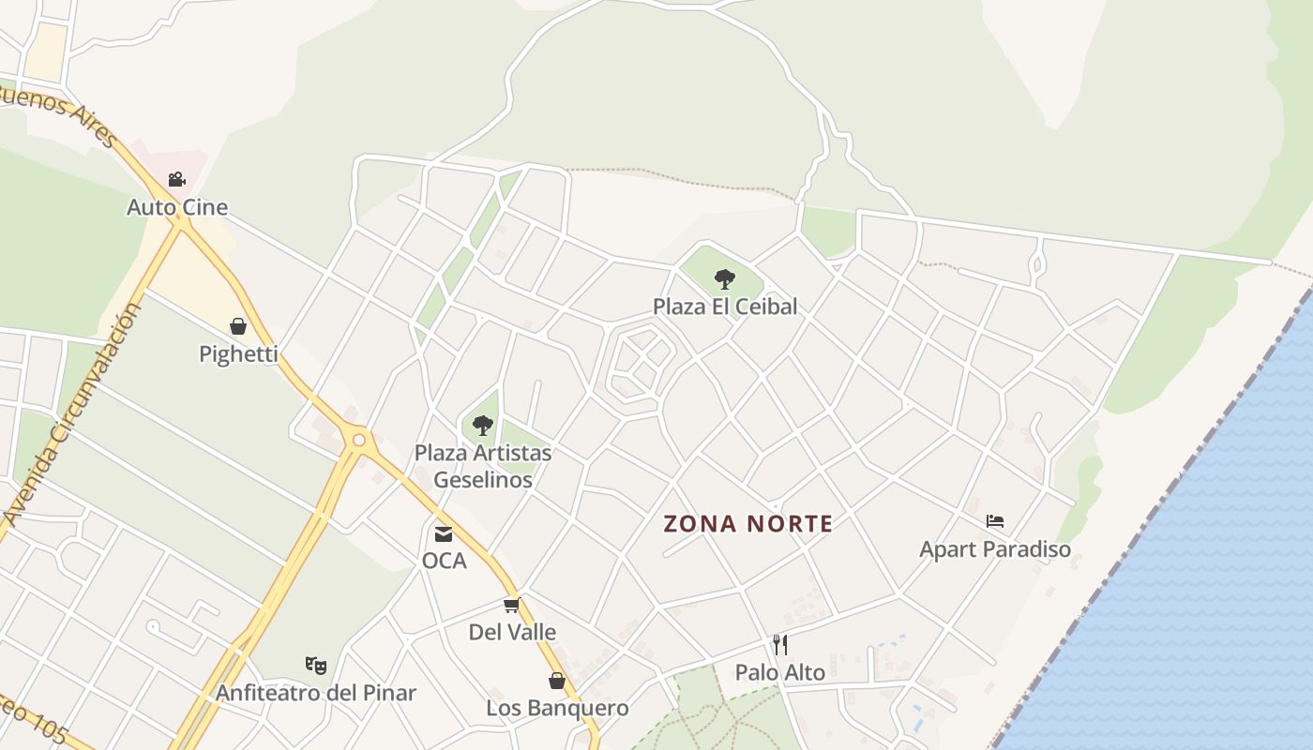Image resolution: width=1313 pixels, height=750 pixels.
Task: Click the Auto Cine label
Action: (177, 207)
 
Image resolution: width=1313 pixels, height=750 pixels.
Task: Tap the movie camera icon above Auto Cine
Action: (176, 179)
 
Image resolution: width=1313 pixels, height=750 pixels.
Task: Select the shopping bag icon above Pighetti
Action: (238, 326)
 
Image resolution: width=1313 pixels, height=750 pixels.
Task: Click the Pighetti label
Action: (238, 353)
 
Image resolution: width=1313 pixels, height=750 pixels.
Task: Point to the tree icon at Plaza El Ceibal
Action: (724, 278)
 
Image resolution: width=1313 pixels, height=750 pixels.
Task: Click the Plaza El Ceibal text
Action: (725, 306)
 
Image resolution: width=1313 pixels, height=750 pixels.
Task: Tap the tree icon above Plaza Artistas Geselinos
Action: (483, 426)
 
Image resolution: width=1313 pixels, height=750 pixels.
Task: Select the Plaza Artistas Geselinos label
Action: (483, 466)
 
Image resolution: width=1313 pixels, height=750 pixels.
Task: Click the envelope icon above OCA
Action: (444, 533)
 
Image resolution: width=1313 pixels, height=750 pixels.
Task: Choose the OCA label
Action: (444, 561)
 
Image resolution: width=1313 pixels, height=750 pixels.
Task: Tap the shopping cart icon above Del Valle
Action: (511, 605)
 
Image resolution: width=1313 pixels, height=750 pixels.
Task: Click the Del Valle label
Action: (512, 632)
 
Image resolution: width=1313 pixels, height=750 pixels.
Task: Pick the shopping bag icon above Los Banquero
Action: (557, 680)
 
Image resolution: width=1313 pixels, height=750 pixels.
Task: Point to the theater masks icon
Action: (316, 666)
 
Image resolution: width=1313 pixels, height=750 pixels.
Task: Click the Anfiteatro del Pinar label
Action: (316, 693)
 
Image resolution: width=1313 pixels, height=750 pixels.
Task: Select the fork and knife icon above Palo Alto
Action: (779, 644)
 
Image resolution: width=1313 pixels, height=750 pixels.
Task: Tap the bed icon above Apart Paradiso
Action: (995, 521)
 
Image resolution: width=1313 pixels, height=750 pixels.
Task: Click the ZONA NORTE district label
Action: (748, 524)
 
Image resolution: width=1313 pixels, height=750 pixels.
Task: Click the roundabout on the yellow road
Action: (358, 439)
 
